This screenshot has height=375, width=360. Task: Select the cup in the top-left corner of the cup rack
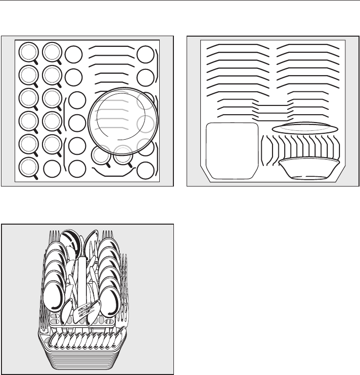28,52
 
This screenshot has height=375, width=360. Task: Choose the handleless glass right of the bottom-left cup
52,169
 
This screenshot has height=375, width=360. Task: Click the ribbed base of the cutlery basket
83,359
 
